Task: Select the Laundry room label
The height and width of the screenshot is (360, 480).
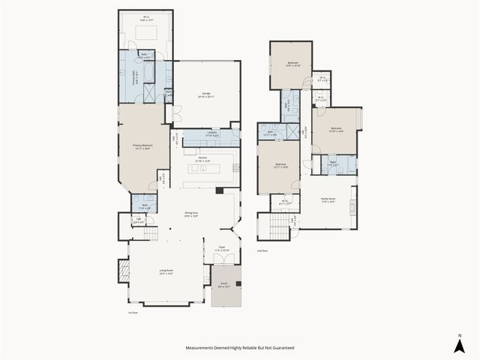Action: tap(212, 135)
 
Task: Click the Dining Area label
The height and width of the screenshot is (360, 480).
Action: tap(190, 214)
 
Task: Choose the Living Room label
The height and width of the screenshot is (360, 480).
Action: tap(166, 272)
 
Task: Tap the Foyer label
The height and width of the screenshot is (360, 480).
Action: tap(222, 247)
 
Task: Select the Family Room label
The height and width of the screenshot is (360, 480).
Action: tap(328, 200)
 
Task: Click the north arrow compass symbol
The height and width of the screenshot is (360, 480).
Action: tap(459, 345)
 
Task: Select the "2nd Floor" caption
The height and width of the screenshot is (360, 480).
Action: tap(262, 250)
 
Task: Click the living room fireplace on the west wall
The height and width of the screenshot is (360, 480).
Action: tap(123, 271)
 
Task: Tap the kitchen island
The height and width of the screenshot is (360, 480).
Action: tap(202, 169)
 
